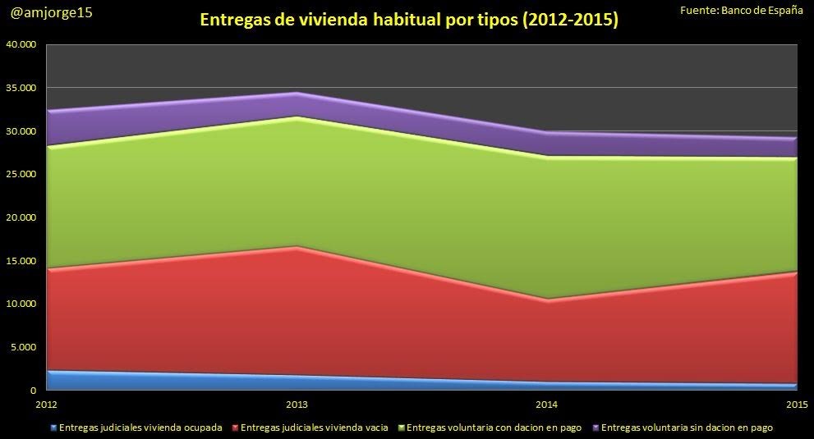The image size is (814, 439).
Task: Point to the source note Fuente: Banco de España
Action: tap(742, 9)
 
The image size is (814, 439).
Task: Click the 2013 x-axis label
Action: tap(297, 405)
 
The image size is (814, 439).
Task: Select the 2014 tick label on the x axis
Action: tap(547, 405)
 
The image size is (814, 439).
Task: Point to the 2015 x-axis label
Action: tap(797, 405)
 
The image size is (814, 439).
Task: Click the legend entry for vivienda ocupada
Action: tap(140, 427)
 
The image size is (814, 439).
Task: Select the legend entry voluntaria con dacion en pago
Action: tap(494, 427)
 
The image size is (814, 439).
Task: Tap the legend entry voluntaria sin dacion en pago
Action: tap(687, 427)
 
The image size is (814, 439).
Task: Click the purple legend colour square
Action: tap(596, 428)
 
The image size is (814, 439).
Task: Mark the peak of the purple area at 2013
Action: tap(297, 94)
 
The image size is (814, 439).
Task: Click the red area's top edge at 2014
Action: tap(547, 300)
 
